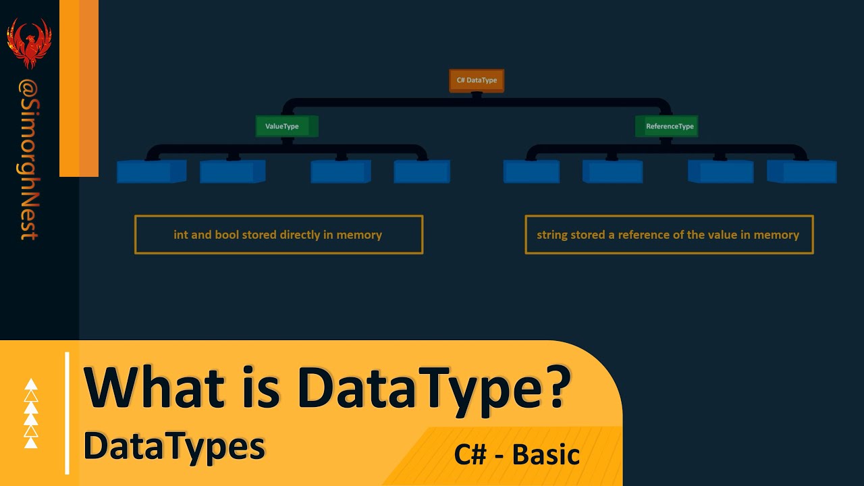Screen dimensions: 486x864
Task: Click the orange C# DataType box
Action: tap(477, 80)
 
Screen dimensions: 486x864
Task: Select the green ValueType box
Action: tap(286, 126)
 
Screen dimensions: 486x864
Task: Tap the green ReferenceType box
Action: tap(667, 126)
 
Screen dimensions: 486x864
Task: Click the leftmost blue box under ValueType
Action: tap(151, 171)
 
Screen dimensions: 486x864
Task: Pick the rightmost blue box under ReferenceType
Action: tap(802, 171)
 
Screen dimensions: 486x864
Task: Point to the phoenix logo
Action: tap(29, 43)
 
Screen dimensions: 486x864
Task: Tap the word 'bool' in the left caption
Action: tap(227, 235)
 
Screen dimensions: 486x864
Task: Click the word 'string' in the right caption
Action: tap(552, 235)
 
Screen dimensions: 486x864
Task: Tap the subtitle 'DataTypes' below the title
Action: tap(174, 447)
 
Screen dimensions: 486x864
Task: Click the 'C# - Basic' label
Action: tap(517, 454)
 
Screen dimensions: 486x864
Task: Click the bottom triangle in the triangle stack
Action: tap(31, 443)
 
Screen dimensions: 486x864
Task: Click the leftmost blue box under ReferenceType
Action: tap(531, 171)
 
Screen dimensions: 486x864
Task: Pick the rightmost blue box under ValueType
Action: tap(422, 171)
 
